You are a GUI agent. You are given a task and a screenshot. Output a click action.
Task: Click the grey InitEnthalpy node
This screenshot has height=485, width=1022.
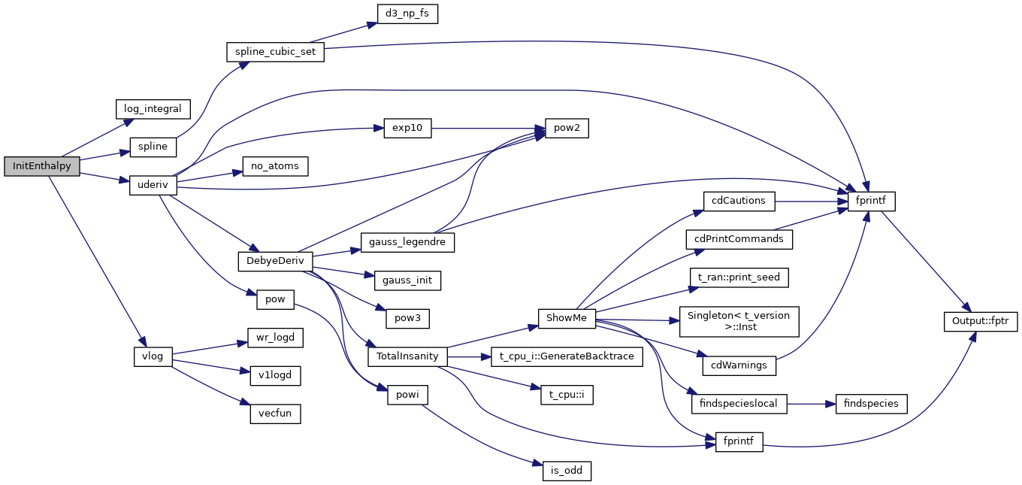pyautogui.click(x=41, y=166)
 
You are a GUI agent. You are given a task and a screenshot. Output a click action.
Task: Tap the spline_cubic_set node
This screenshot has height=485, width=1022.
pyautogui.click(x=276, y=53)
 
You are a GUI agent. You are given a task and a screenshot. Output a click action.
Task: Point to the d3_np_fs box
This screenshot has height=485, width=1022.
pyautogui.click(x=407, y=14)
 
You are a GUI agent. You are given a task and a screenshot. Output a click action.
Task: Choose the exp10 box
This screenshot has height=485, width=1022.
pyautogui.click(x=407, y=129)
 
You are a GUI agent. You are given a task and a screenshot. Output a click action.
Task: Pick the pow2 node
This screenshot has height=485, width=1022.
pyautogui.click(x=561, y=129)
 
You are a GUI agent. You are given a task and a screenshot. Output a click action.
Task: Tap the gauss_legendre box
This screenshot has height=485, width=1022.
pyautogui.click(x=407, y=242)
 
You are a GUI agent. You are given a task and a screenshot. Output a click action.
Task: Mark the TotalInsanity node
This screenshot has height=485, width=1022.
pyautogui.click(x=407, y=356)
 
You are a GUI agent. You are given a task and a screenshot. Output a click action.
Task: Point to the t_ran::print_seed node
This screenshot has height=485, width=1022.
pyautogui.click(x=739, y=277)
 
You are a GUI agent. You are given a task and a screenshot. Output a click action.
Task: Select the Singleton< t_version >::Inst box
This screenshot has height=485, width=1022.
pyautogui.click(x=739, y=321)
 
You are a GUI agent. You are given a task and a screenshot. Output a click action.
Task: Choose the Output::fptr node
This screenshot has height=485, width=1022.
pyautogui.click(x=980, y=321)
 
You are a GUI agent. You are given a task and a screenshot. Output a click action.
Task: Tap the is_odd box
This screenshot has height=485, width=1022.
pyautogui.click(x=567, y=471)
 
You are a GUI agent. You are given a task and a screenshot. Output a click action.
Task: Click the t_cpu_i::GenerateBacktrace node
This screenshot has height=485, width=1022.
pyautogui.click(x=567, y=356)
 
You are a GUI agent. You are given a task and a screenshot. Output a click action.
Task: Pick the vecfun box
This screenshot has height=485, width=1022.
pyautogui.click(x=276, y=413)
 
